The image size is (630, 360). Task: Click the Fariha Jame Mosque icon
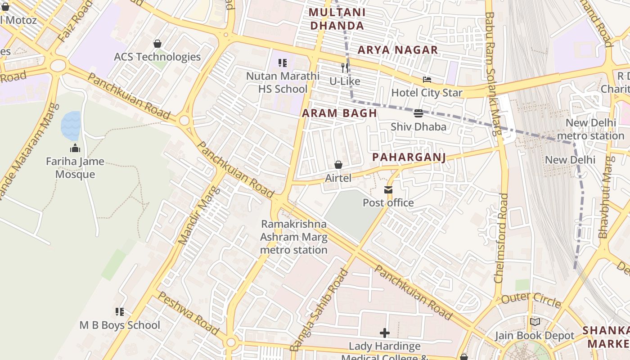pyautogui.click(x=75, y=148)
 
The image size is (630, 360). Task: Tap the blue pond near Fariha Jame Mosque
pyautogui.click(x=71, y=126)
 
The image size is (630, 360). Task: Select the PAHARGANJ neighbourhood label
pyautogui.click(x=409, y=157)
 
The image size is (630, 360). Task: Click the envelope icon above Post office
pyautogui.click(x=388, y=190)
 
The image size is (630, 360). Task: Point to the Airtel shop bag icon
pyautogui.click(x=338, y=165)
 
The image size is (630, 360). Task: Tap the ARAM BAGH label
pyautogui.click(x=339, y=113)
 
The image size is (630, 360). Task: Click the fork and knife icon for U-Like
pyautogui.click(x=345, y=68)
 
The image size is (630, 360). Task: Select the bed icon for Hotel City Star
pyautogui.click(x=427, y=80)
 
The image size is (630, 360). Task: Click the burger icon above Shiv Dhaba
pyautogui.click(x=418, y=113)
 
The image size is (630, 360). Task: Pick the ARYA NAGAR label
pyautogui.click(x=398, y=50)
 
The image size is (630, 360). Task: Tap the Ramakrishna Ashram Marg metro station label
pyautogui.click(x=294, y=237)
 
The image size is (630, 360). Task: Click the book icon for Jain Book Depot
pyautogui.click(x=535, y=322)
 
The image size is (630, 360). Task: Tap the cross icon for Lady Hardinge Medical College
pyautogui.click(x=385, y=333)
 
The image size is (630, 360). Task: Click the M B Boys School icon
pyautogui.click(x=120, y=311)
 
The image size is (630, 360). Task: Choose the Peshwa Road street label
pyautogui.click(x=189, y=314)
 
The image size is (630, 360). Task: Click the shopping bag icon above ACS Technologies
pyautogui.click(x=157, y=44)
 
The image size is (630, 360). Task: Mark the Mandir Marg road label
pyautogui.click(x=198, y=216)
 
